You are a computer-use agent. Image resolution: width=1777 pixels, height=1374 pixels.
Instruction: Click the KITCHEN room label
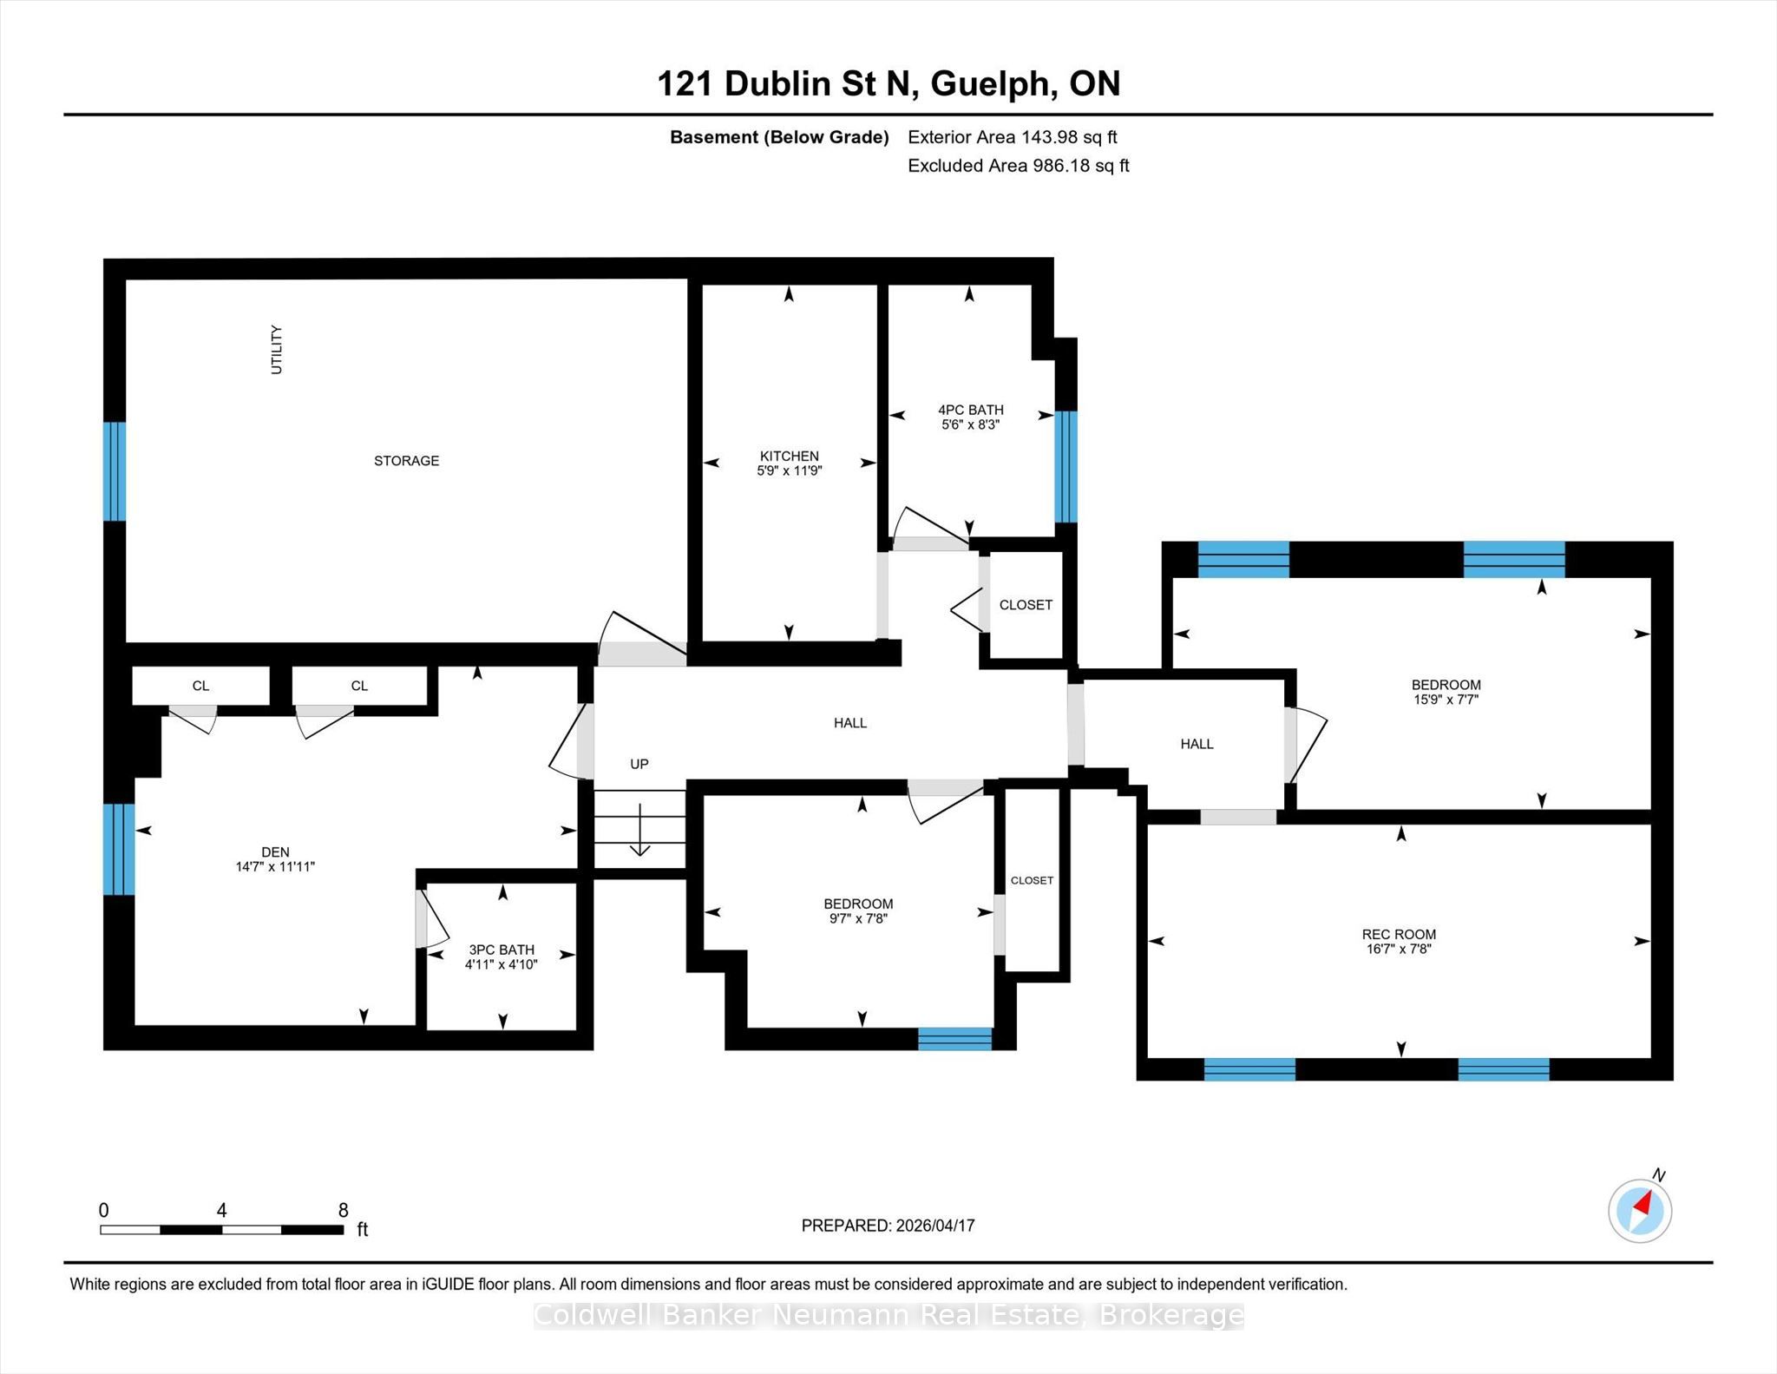point(789,456)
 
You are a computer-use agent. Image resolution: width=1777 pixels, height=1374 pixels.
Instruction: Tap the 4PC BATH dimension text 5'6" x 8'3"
point(970,424)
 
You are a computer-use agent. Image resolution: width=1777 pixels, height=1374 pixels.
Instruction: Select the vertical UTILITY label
point(277,350)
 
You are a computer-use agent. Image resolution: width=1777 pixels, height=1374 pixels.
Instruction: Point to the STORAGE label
point(406,461)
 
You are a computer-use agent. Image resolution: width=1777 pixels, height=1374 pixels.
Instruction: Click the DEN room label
point(275,852)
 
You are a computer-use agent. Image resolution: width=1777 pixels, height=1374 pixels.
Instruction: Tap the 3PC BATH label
point(502,950)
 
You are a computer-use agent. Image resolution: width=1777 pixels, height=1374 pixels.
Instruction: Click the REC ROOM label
point(1399,935)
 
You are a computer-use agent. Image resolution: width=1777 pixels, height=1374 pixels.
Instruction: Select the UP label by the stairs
point(639,764)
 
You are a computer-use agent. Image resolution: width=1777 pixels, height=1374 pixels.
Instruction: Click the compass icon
point(1640,1210)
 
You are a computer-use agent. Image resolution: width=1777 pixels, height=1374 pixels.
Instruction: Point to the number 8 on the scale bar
point(344,1210)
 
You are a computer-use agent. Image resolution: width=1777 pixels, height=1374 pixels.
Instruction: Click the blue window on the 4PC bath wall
point(1066,467)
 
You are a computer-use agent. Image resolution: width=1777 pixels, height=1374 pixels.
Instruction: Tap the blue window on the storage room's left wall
point(115,471)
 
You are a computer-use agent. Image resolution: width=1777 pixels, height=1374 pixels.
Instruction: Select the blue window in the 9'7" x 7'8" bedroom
point(954,1039)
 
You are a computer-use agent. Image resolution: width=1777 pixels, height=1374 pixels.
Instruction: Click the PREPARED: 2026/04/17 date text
point(888,1226)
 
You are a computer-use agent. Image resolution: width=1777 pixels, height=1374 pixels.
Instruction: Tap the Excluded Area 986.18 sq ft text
point(1019,166)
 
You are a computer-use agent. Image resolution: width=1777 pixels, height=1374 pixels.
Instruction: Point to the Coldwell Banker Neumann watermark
point(888,1316)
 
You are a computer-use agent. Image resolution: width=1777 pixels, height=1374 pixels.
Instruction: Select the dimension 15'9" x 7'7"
point(1446,699)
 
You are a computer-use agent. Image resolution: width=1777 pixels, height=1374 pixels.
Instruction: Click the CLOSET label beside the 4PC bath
point(1026,605)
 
